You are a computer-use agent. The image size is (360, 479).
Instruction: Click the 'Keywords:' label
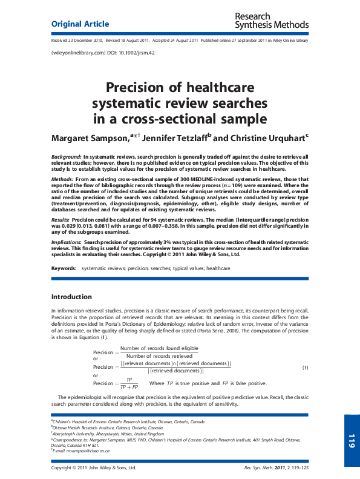[x=64, y=267]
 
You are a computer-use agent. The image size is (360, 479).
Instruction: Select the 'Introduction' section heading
[x=71, y=297]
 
